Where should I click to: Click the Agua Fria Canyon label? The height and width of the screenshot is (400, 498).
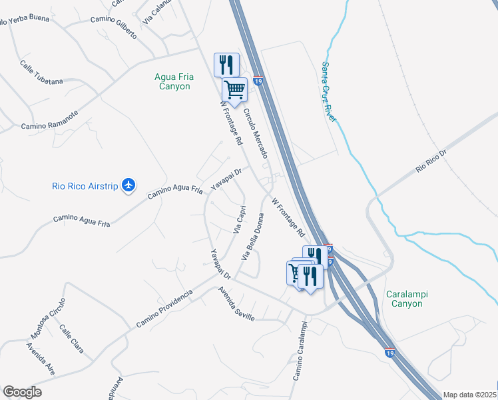172,81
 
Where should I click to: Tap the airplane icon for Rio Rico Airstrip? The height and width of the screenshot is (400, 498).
129,185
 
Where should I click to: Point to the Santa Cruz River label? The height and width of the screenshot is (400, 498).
329,92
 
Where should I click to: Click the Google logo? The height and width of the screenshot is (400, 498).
22,392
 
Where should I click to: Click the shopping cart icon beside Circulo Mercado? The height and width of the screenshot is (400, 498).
234,89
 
